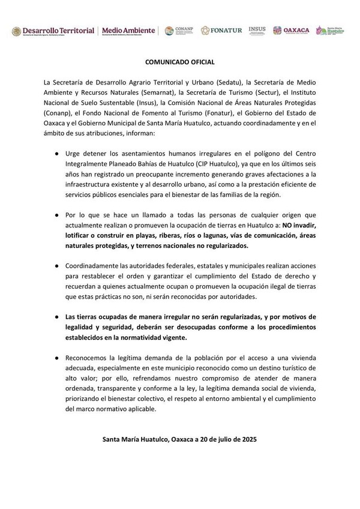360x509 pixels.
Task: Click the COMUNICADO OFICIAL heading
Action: (179, 62)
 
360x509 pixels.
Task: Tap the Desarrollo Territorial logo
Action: (54, 31)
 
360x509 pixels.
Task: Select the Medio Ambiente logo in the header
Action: (128, 31)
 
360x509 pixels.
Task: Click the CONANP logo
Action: (178, 31)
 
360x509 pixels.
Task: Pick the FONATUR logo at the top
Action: (221, 31)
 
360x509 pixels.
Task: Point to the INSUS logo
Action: (256, 30)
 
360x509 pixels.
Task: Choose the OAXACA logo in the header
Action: (292, 31)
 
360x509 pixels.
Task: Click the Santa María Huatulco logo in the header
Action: (329, 30)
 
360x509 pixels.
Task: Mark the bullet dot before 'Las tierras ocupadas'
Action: (56, 316)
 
